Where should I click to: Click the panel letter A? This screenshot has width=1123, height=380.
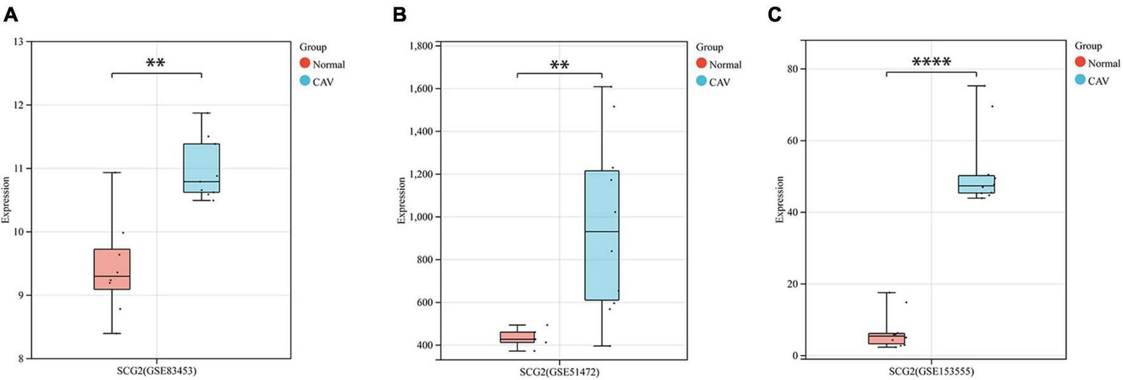click(x=10, y=14)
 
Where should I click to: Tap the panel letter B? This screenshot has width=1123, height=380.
click(x=399, y=14)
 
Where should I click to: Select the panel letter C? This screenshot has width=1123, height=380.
click(x=774, y=14)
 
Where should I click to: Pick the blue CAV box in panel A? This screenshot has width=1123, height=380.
click(x=202, y=167)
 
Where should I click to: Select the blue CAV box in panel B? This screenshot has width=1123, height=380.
click(x=601, y=235)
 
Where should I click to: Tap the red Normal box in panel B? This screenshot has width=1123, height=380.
click(x=518, y=337)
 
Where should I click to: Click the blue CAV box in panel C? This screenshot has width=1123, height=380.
click(x=977, y=184)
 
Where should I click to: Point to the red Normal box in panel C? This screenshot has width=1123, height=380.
click(x=887, y=338)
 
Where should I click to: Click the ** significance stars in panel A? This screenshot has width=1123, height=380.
click(x=156, y=63)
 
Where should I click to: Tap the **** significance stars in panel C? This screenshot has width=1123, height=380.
click(x=931, y=62)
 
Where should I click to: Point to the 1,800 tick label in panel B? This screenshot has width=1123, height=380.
click(x=421, y=46)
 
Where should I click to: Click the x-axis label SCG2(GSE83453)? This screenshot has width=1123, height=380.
click(x=156, y=371)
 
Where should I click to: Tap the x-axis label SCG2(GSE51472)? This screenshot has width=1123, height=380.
click(x=560, y=372)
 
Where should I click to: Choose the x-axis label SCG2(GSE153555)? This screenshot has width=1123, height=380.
click(x=931, y=371)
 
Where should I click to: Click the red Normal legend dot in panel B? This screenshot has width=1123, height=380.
click(x=701, y=63)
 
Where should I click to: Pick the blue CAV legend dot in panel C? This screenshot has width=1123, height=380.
click(x=1080, y=80)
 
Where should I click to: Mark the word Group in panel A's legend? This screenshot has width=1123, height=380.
click(x=313, y=47)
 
